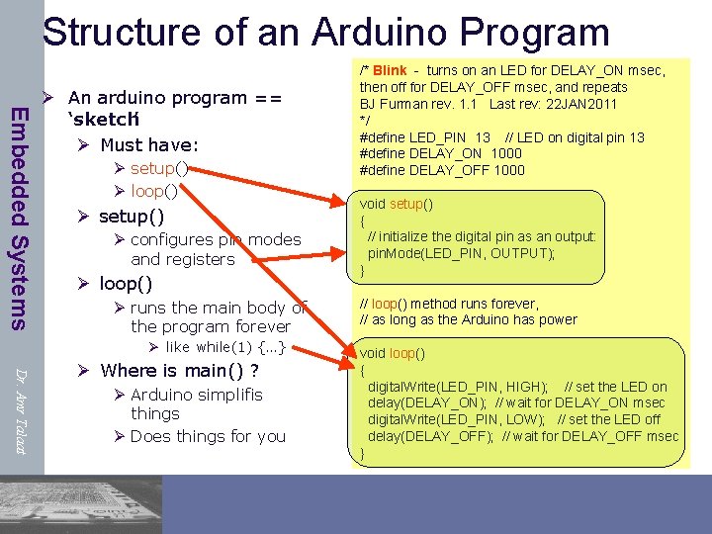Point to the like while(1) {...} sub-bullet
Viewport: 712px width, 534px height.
225,347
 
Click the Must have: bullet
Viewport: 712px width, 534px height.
148,144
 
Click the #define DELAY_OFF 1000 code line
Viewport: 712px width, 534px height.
442,170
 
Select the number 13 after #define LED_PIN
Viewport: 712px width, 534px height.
483,137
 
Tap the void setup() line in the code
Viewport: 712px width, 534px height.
397,205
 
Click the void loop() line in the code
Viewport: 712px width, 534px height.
392,353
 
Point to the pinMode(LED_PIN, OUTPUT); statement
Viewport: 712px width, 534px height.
461,253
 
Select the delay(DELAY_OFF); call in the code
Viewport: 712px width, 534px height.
430,436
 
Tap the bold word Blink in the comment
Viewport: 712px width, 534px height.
390,70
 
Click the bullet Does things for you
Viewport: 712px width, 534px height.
208,436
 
